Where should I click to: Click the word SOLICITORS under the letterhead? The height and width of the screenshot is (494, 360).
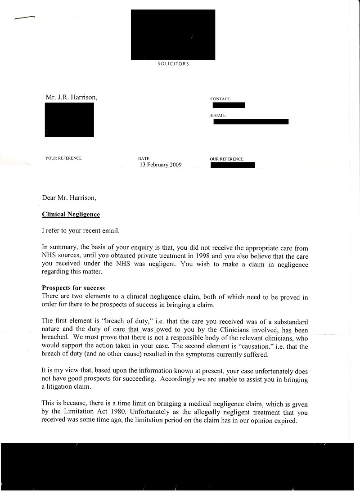[x=173, y=64]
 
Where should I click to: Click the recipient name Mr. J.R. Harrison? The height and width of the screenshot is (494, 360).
[x=71, y=97]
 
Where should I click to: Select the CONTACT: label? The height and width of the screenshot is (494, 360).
[x=220, y=99]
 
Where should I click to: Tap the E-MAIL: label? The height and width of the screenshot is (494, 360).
[x=218, y=116]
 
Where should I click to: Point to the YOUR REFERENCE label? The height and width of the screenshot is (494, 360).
[x=63, y=158]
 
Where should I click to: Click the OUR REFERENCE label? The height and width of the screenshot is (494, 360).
[x=226, y=159]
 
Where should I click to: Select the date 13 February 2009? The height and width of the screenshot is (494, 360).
[x=161, y=165]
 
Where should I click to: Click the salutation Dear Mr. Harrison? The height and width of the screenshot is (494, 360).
[x=69, y=198]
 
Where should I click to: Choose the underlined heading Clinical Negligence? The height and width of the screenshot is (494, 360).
[x=71, y=215]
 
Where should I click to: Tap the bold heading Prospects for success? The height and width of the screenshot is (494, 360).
[x=73, y=288]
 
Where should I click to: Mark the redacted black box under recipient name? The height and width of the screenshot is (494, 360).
[x=69, y=120]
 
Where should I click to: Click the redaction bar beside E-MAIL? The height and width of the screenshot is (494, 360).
[x=251, y=122]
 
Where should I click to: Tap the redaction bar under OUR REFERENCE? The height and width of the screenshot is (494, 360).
[x=232, y=165]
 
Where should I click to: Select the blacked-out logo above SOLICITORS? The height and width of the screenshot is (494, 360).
[x=173, y=35]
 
